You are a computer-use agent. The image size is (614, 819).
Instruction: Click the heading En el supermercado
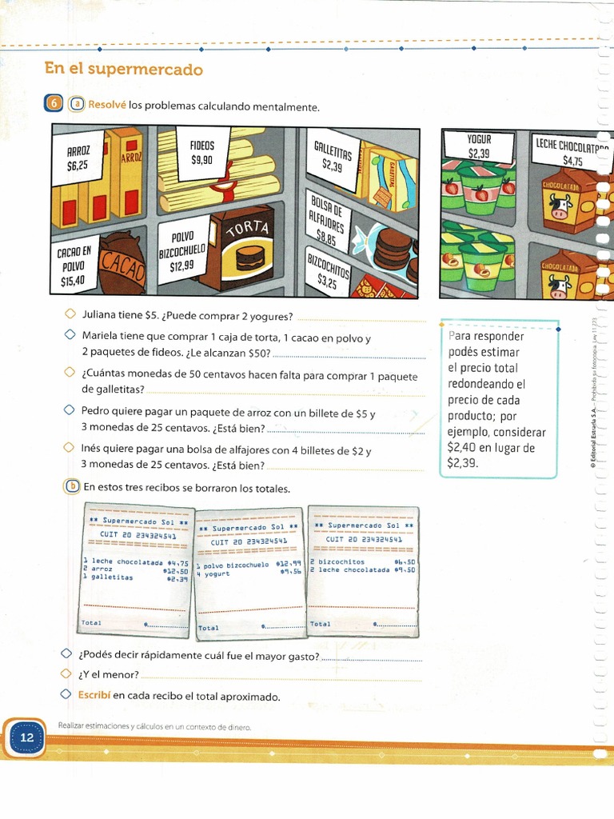pyautogui.click(x=124, y=70)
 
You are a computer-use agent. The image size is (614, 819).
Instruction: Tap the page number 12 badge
pyautogui.click(x=26, y=737)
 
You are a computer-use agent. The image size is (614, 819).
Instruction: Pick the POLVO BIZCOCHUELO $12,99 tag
pyautogui.click(x=182, y=251)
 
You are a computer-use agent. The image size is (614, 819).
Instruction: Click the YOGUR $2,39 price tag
pyautogui.click(x=479, y=146)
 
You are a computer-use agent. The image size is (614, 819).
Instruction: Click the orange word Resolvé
pyautogui.click(x=107, y=105)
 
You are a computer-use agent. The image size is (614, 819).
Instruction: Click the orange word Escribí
pyautogui.click(x=94, y=695)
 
